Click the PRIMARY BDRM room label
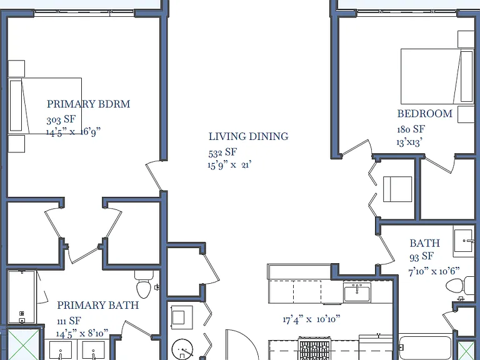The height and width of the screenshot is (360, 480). tap(89, 104)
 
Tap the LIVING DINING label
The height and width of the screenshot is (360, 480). tap(249, 136)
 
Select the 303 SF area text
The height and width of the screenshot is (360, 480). tap(61, 119)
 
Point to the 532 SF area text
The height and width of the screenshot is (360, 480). tap(222, 152)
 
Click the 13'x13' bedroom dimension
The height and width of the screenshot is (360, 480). tap(409, 142)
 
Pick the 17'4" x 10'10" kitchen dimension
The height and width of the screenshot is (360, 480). tap(311, 319)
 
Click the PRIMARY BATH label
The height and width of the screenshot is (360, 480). tap(98, 305)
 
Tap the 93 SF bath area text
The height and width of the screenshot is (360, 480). tap(421, 256)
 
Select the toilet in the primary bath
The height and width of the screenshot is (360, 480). tap(144, 285)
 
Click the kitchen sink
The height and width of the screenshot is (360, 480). tap(357, 292)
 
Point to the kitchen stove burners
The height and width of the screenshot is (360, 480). tap(315, 348)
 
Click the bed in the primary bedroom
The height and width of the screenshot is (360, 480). tap(45, 106)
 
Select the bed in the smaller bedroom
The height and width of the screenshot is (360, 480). tap(437, 76)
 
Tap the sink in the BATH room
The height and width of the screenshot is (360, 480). tap(464, 241)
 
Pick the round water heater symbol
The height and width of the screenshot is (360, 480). tap(182, 349)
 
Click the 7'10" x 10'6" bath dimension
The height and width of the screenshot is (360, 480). tap(434, 271)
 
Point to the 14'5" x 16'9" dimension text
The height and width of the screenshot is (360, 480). tap(74, 132)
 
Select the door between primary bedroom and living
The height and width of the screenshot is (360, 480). tap(153, 176)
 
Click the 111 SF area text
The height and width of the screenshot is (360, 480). tap(69, 321)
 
